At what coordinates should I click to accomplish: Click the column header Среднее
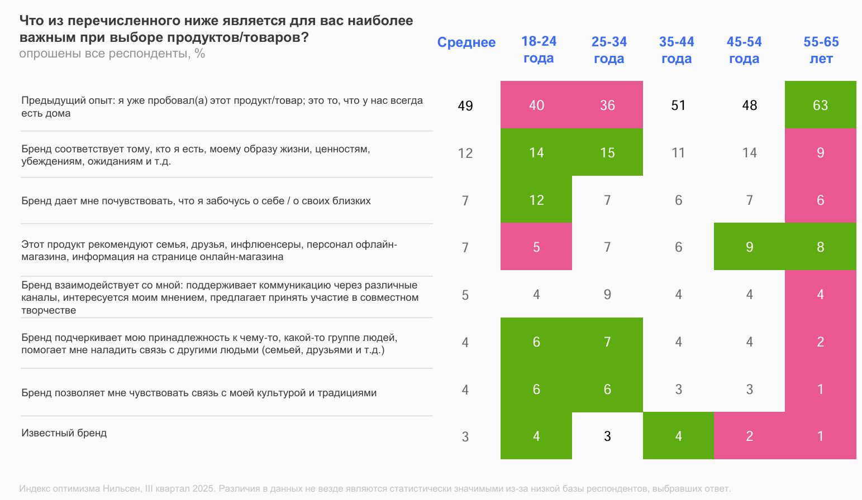point(466,42)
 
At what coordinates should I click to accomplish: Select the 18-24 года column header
point(539,50)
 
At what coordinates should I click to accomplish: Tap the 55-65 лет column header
point(821,50)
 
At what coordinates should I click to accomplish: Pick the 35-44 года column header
point(676,50)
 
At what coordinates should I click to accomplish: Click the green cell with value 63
point(820,105)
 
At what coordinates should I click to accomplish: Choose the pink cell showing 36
point(607,105)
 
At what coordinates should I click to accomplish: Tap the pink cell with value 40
point(536,105)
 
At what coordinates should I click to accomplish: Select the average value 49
point(465,105)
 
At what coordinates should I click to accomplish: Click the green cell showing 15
point(607,152)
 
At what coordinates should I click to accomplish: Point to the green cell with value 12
point(536,200)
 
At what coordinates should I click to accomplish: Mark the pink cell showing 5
point(536,247)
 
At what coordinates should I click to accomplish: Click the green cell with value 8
point(820,247)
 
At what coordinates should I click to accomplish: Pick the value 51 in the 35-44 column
point(678,105)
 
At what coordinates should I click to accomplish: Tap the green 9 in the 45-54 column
point(749,247)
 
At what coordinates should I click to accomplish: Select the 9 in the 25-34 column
point(607,294)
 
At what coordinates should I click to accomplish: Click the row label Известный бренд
point(64,433)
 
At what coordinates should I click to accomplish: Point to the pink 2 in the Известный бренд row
point(749,436)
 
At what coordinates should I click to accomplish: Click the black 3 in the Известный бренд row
point(607,436)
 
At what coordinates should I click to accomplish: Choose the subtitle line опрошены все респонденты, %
point(112,54)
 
